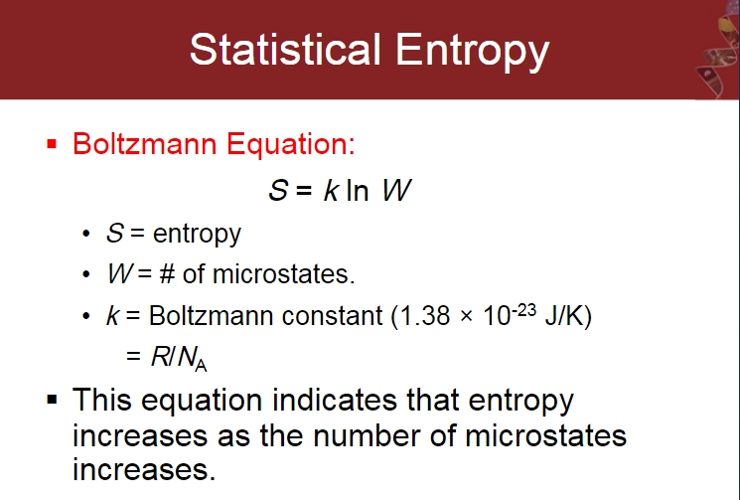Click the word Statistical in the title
click(x=285, y=49)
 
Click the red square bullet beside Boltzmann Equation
click(x=52, y=144)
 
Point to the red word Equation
click(x=291, y=144)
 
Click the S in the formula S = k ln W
click(x=278, y=190)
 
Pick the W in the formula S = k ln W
click(x=396, y=190)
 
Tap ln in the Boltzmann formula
click(x=358, y=190)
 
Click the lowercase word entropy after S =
click(x=197, y=235)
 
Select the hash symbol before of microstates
click(x=167, y=273)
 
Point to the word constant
click(x=332, y=316)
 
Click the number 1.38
click(x=425, y=316)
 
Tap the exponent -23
click(x=523, y=310)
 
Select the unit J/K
click(x=564, y=316)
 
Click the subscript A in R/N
click(x=201, y=365)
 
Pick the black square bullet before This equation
click(x=52, y=400)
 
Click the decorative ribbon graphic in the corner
click(x=717, y=50)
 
